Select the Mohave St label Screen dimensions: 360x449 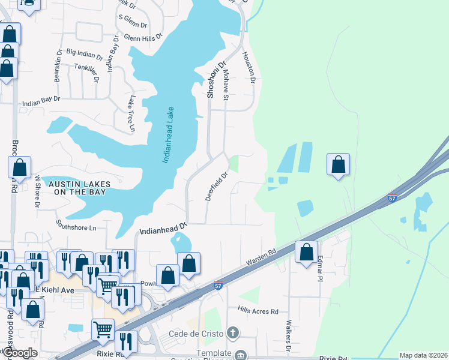coord(226,85)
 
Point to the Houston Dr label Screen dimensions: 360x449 coord(249,67)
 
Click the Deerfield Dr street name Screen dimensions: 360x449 coord(217,187)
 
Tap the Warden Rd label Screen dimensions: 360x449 coord(260,259)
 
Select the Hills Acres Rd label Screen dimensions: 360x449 coord(258,311)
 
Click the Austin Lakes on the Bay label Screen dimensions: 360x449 coord(77,187)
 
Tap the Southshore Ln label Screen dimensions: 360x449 coord(76,227)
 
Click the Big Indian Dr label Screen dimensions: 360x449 coord(85,53)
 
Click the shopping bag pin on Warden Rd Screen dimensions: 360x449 coord(307,251)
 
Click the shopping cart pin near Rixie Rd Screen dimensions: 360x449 coord(103,329)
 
